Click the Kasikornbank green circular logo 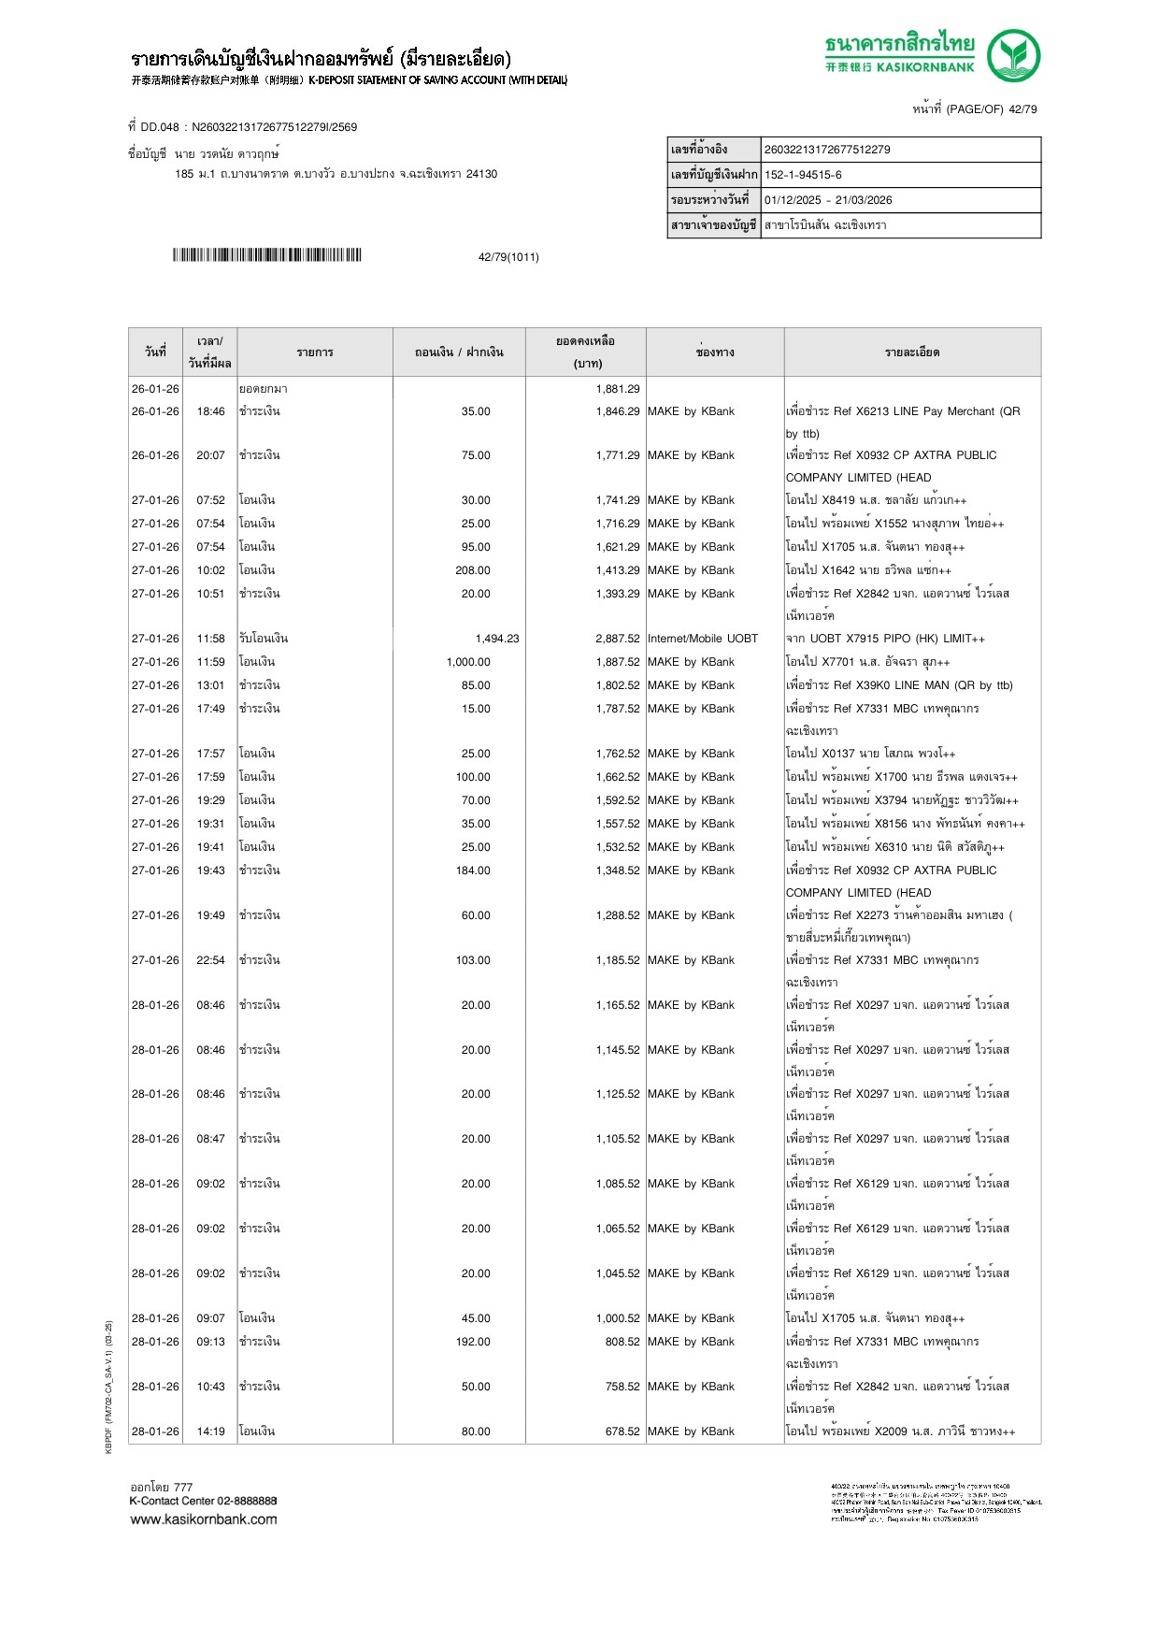click(x=1013, y=55)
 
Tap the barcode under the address click(x=266, y=255)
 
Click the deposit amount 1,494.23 click(x=496, y=639)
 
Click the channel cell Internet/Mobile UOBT click(x=703, y=639)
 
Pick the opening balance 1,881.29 click(x=618, y=389)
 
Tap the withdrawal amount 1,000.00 click(x=468, y=662)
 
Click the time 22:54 click(x=210, y=960)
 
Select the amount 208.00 click(x=473, y=570)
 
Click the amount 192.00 click(x=473, y=1342)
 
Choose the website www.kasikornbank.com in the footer click(x=204, y=1519)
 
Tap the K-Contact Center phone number click(x=247, y=1501)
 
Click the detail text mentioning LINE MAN click(x=899, y=685)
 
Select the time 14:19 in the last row click(x=210, y=1431)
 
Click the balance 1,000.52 click(x=618, y=1318)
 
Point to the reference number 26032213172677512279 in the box click(x=827, y=150)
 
